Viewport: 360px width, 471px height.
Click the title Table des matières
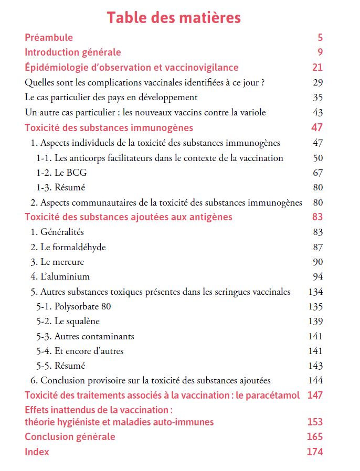pyautogui.click(x=174, y=17)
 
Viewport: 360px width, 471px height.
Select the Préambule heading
pyautogui.click(x=49, y=37)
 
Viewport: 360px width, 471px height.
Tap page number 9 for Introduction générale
pyautogui.click(x=320, y=52)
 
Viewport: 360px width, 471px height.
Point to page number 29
pyautogui.click(x=317, y=82)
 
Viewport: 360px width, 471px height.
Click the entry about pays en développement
pyautogui.click(x=111, y=97)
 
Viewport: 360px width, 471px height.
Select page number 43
pyautogui.click(x=317, y=112)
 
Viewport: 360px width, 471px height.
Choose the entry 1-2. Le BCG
pyautogui.click(x=62, y=173)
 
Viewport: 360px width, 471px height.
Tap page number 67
pyautogui.click(x=317, y=173)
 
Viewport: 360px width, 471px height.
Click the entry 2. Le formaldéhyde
pyautogui.click(x=68, y=247)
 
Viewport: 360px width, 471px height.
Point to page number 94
pyautogui.click(x=317, y=276)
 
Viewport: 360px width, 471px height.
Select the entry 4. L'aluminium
pyautogui.click(x=60, y=276)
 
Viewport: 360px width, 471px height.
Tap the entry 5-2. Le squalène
pyautogui.click(x=68, y=321)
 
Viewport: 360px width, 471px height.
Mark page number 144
pyautogui.click(x=316, y=380)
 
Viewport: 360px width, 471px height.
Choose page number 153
pyautogui.click(x=315, y=422)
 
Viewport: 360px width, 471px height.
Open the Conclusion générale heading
pyautogui.click(x=70, y=436)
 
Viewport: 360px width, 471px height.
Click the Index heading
pyautogui.click(x=37, y=452)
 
